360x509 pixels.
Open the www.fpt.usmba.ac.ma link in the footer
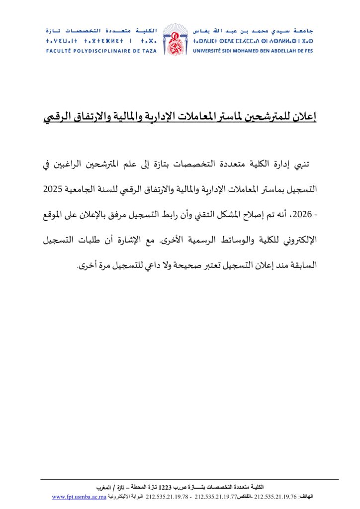(x=79, y=497)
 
